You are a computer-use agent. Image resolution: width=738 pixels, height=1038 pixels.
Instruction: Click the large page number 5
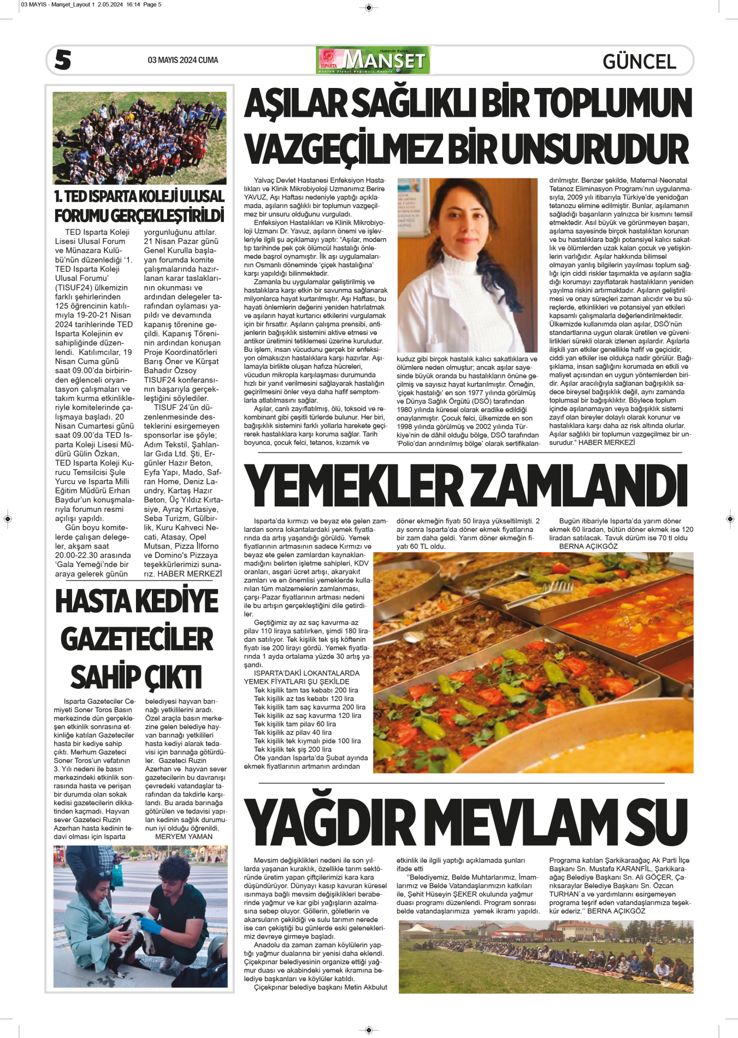click(63, 60)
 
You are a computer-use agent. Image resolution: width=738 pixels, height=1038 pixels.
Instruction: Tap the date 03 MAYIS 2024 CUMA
click(182, 60)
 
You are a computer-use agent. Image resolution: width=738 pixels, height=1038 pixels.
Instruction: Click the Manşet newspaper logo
click(373, 60)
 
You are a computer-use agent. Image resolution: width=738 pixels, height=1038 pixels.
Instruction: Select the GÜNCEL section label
click(639, 61)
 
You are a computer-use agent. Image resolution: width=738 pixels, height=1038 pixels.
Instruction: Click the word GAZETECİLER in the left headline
click(137, 639)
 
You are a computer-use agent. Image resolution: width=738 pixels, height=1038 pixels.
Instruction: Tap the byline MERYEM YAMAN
click(184, 836)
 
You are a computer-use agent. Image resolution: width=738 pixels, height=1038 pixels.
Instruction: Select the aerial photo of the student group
click(139, 138)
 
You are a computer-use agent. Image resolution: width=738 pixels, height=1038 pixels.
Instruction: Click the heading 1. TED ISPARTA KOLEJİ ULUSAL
click(139, 196)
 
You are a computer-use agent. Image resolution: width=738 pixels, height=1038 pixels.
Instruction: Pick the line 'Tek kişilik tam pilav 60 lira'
click(295, 724)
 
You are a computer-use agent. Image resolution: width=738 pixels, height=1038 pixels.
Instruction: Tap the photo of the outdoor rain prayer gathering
click(545, 956)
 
